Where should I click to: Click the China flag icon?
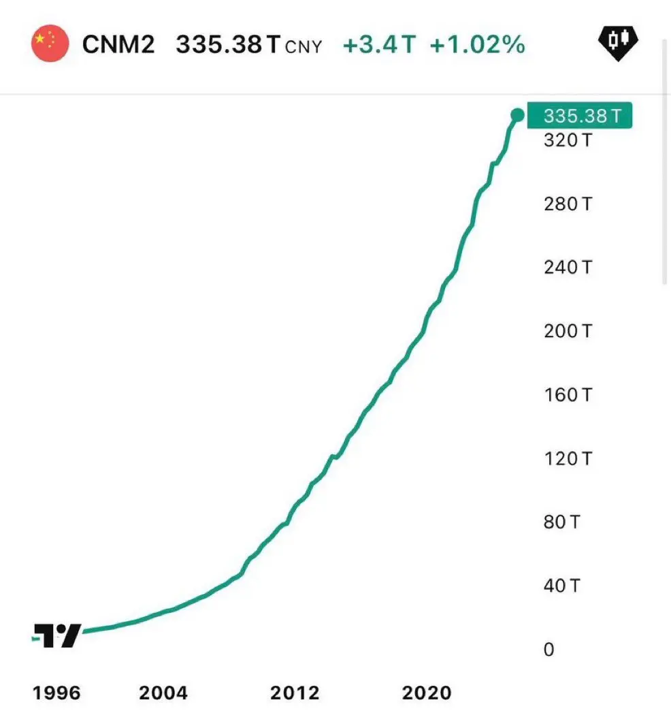pyautogui.click(x=50, y=44)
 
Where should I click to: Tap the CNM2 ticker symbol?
pyautogui.click(x=118, y=45)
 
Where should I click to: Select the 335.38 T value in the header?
pyautogui.click(x=228, y=45)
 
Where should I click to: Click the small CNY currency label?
pyautogui.click(x=304, y=47)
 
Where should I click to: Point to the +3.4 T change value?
pyautogui.click(x=378, y=45)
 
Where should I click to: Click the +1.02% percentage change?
pyautogui.click(x=477, y=45)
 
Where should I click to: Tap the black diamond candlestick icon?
pyautogui.click(x=617, y=43)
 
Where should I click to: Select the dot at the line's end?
pyautogui.click(x=517, y=116)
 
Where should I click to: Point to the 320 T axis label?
pyautogui.click(x=568, y=140)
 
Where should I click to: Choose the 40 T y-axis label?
pyautogui.click(x=561, y=586)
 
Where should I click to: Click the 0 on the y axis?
pyautogui.click(x=549, y=650)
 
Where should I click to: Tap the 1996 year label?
pyautogui.click(x=56, y=693)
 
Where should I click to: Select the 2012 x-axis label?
pyautogui.click(x=295, y=693)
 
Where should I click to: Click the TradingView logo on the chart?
pyautogui.click(x=58, y=635)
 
